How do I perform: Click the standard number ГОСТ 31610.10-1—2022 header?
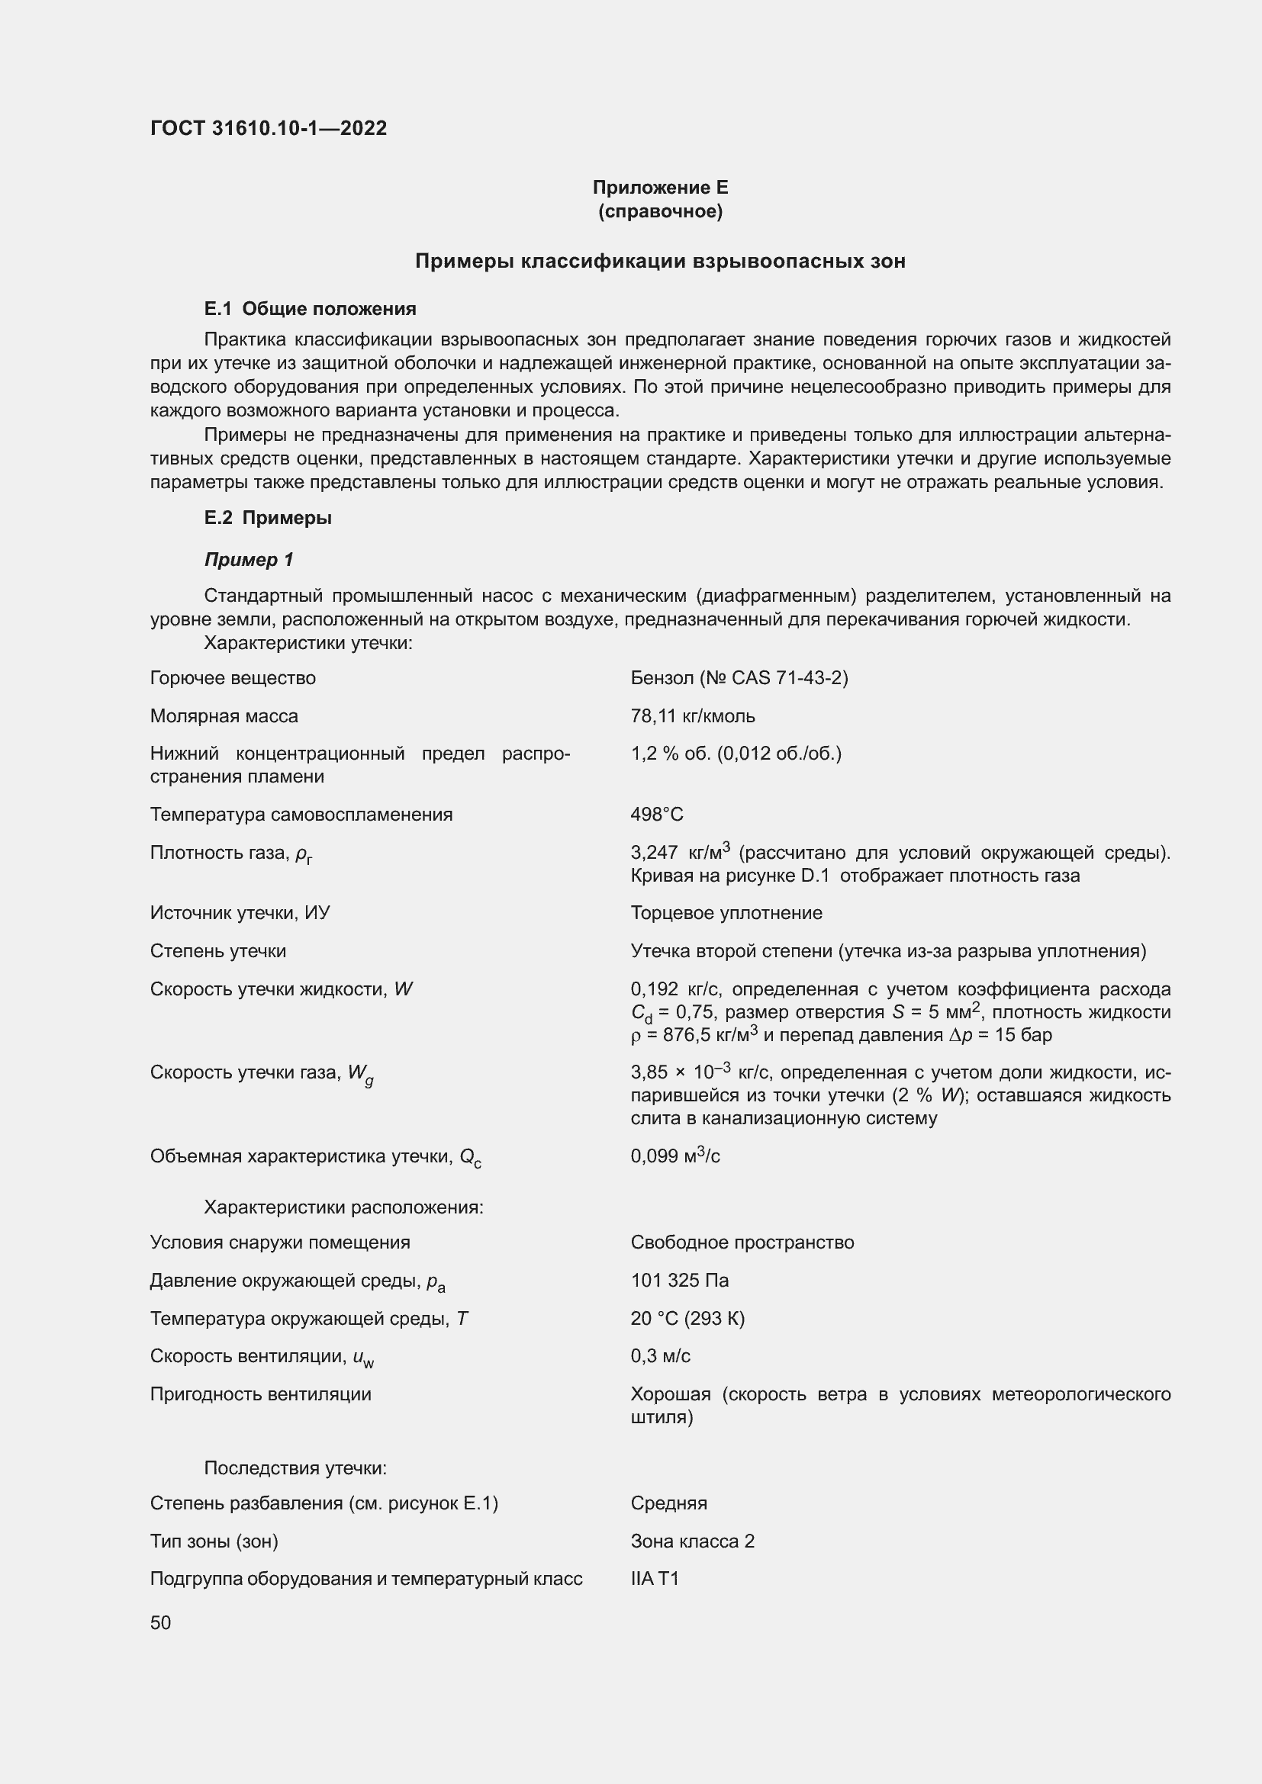pos(268,128)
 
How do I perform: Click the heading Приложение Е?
pos(660,188)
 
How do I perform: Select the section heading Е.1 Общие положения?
pos(310,309)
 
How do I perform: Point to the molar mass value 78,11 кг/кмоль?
pos(692,716)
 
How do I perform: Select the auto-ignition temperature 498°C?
pos(657,815)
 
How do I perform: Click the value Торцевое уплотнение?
pos(726,913)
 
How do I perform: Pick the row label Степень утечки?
pos(217,951)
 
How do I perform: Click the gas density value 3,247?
pos(655,853)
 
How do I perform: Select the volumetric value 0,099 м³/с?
pos(674,1156)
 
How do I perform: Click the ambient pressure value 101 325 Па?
pos(679,1281)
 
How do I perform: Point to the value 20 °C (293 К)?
pos(687,1319)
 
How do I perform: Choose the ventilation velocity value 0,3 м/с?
pos(661,1356)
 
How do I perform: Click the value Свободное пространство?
pos(742,1242)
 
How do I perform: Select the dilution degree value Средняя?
pos(668,1503)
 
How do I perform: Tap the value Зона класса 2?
pos(691,1541)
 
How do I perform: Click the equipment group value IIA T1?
pos(655,1579)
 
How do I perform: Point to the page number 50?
pos(161,1623)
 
